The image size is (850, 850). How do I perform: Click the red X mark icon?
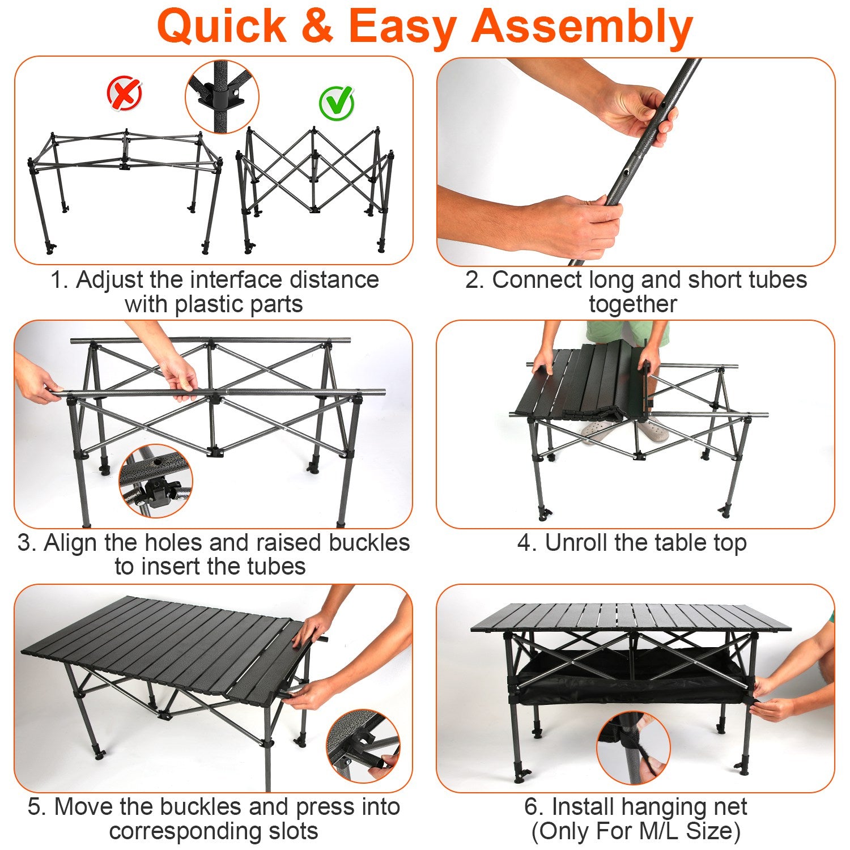coord(125,93)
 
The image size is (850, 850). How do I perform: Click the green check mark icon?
coord(337,103)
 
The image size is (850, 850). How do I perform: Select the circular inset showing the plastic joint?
coord(222,97)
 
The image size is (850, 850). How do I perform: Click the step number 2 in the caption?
coord(473,280)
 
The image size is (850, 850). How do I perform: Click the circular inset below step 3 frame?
coord(156,481)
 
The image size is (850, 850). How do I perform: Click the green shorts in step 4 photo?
coord(627,332)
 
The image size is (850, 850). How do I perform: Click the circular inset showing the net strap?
coord(634,749)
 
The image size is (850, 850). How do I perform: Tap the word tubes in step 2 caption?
coord(777,280)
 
